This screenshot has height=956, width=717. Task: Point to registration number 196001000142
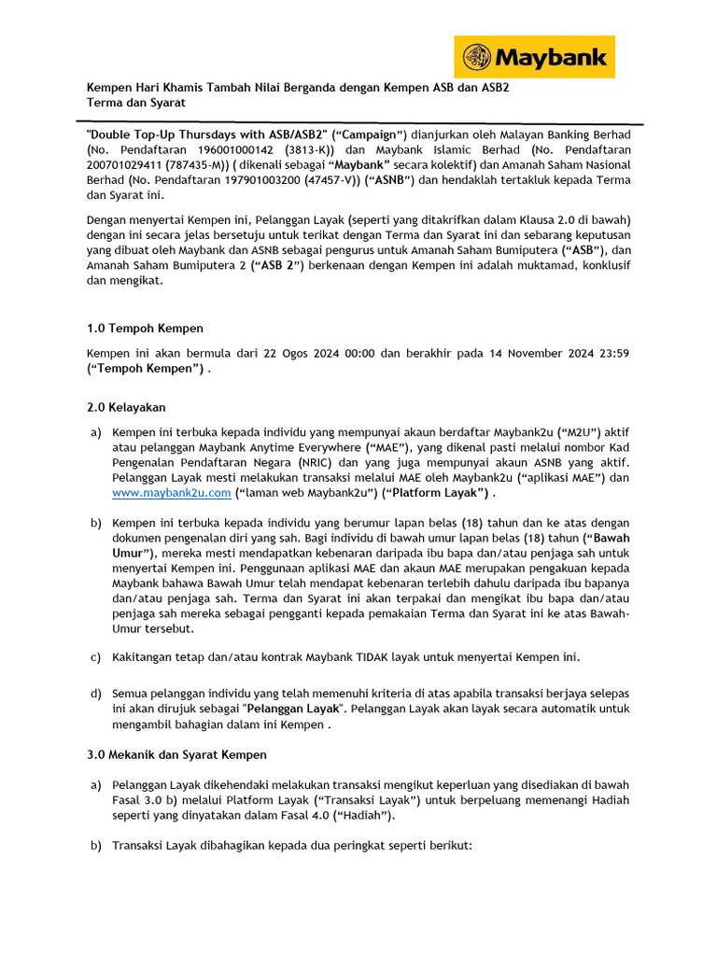[241, 149]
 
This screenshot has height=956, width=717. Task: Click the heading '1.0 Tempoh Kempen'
[145, 329]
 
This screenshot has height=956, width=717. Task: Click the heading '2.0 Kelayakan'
[126, 408]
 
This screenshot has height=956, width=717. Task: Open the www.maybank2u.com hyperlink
[171, 493]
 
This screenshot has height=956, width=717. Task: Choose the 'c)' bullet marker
[95, 656]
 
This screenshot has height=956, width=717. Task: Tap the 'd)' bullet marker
[95, 694]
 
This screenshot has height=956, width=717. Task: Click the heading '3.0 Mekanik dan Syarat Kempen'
[176, 754]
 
